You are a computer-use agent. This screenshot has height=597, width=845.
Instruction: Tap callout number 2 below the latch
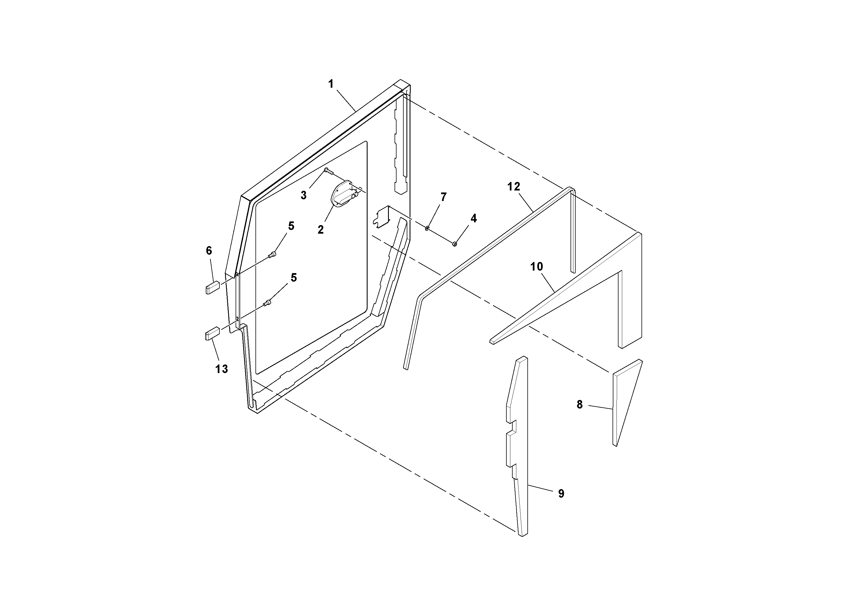point(320,230)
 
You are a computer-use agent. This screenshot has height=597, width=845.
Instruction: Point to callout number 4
point(474,218)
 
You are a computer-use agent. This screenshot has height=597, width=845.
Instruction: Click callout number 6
point(209,251)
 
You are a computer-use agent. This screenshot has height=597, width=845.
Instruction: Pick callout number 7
point(443,197)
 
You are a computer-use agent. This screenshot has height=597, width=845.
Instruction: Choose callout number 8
point(580,405)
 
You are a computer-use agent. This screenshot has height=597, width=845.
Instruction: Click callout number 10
point(536,267)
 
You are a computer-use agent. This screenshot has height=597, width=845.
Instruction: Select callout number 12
point(513,187)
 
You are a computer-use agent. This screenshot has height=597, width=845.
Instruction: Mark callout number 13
point(222,369)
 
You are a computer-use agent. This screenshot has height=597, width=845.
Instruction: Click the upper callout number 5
point(291,226)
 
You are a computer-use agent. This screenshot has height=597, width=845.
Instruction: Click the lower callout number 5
point(293,278)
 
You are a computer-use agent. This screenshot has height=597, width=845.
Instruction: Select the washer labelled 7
point(427,229)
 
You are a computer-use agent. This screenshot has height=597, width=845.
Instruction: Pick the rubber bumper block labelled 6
point(212,288)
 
